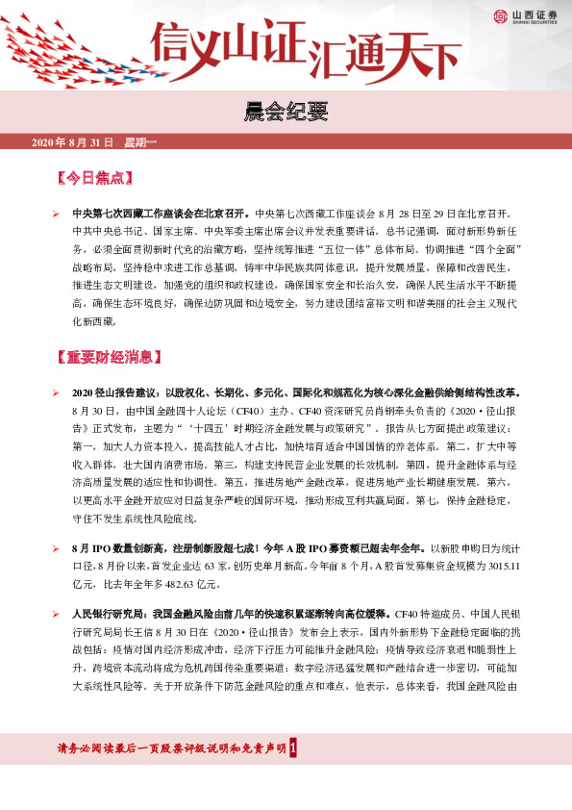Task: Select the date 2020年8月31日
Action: pos(72,142)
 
